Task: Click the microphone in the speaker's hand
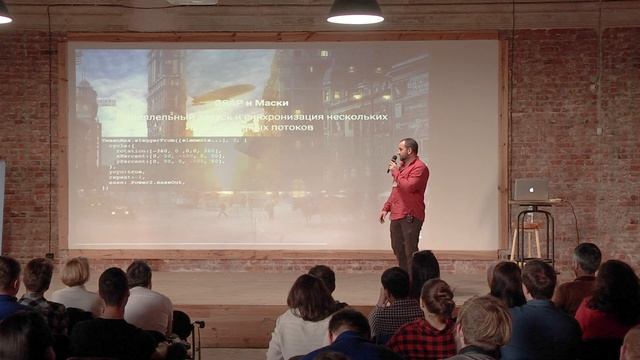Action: coord(393,160)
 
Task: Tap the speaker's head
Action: coord(407,148)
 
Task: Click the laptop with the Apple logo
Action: coord(531,189)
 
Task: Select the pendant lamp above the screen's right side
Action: coord(355,11)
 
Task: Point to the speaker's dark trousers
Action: coord(405,240)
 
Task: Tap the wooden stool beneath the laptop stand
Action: coord(526,240)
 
